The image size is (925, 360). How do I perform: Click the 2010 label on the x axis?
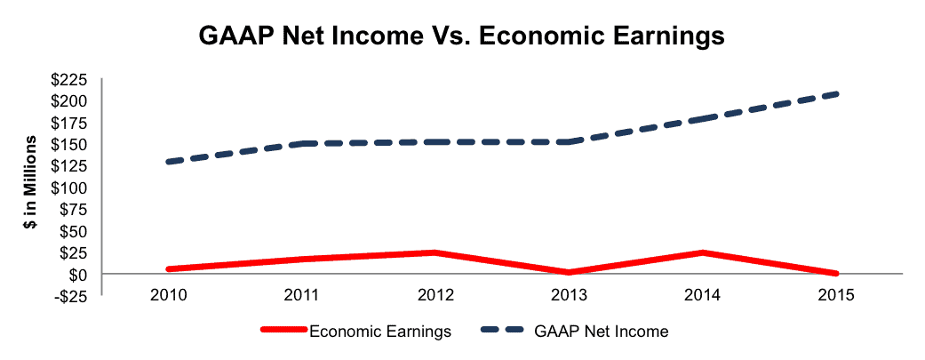[170, 296]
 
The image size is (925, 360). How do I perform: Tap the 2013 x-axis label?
[570, 296]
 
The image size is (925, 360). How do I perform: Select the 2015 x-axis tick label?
[836, 296]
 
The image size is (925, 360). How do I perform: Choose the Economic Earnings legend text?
[380, 332]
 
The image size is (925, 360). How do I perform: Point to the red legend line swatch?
[284, 332]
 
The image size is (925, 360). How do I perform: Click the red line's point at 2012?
[435, 252]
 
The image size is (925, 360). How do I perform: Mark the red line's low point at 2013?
[570, 272]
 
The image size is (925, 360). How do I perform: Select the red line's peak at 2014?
[703, 252]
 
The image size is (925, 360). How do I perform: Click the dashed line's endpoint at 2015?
[836, 94]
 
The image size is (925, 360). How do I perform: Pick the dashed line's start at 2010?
[170, 162]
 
